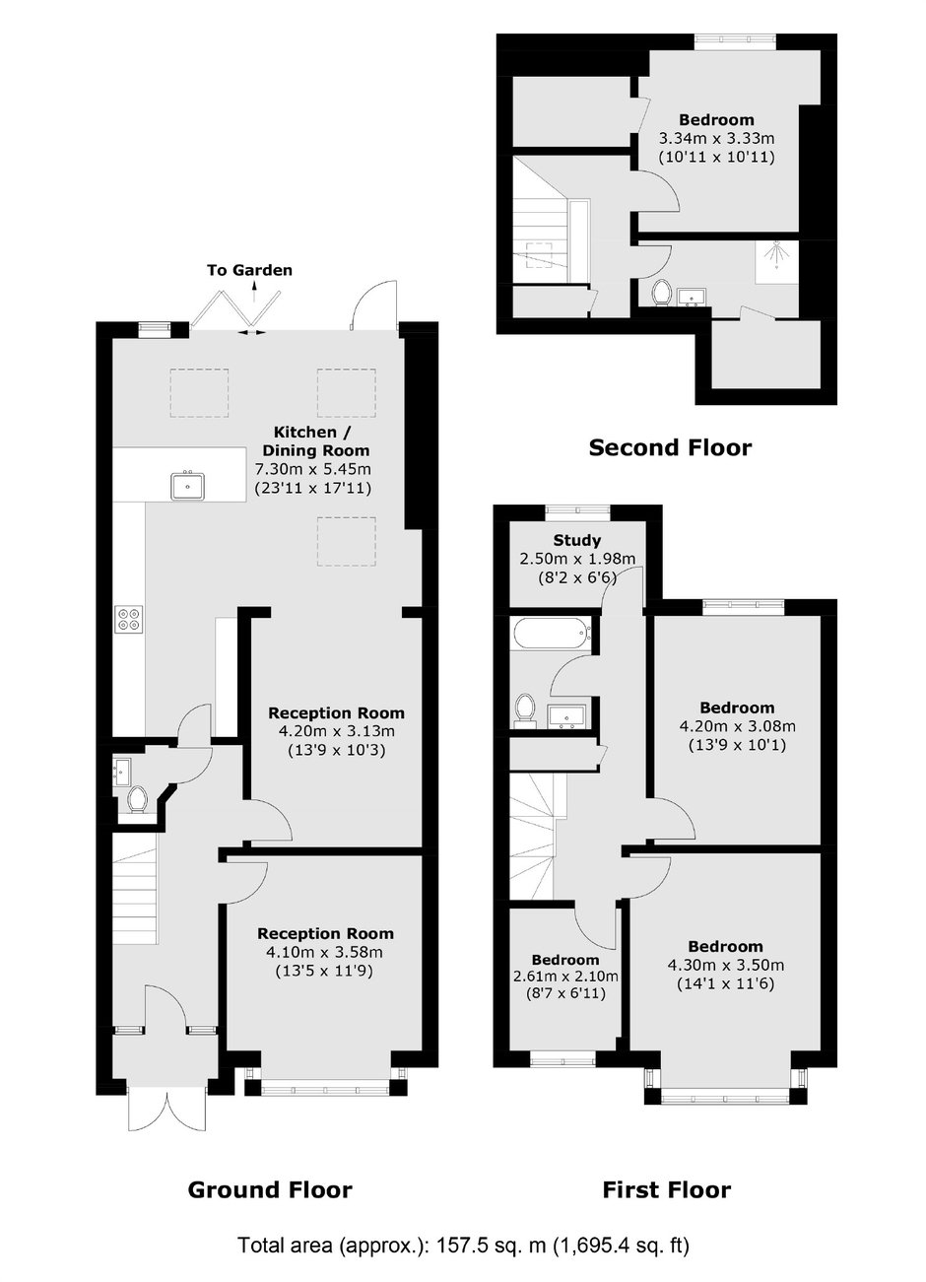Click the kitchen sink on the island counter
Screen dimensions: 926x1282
188,486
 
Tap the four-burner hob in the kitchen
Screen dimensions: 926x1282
129,619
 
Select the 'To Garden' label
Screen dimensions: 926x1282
249,270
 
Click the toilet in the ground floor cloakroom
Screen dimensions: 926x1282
137,799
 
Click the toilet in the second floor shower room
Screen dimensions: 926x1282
662,294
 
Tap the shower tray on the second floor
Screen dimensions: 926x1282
777,261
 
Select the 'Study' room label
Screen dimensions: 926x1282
577,540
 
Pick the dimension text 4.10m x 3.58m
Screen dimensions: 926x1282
324,952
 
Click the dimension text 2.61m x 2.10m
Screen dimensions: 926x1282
564,977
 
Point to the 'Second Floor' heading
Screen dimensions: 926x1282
670,447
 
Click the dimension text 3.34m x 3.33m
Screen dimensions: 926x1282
716,139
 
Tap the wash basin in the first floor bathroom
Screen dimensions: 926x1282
566,717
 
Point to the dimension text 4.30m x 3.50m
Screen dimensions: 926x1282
725,966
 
